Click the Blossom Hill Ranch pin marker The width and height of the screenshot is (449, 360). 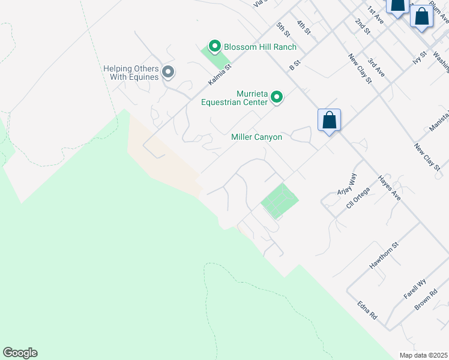click(x=214, y=46)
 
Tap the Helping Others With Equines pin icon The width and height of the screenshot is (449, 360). click(x=168, y=73)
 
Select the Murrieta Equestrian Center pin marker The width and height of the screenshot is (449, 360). click(x=277, y=97)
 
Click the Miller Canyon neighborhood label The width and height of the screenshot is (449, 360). click(x=256, y=137)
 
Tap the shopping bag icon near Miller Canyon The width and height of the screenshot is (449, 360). click(x=329, y=120)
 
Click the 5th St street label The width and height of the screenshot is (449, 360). click(x=283, y=29)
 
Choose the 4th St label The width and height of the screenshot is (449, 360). click(x=304, y=28)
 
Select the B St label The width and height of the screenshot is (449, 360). click(x=294, y=65)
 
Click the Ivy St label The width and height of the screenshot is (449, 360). click(x=419, y=58)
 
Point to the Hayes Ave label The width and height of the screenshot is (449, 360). click(x=389, y=187)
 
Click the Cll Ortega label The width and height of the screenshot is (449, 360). click(x=358, y=197)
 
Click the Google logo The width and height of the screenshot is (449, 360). click(x=20, y=353)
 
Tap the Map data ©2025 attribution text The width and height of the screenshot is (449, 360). click(x=423, y=355)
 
